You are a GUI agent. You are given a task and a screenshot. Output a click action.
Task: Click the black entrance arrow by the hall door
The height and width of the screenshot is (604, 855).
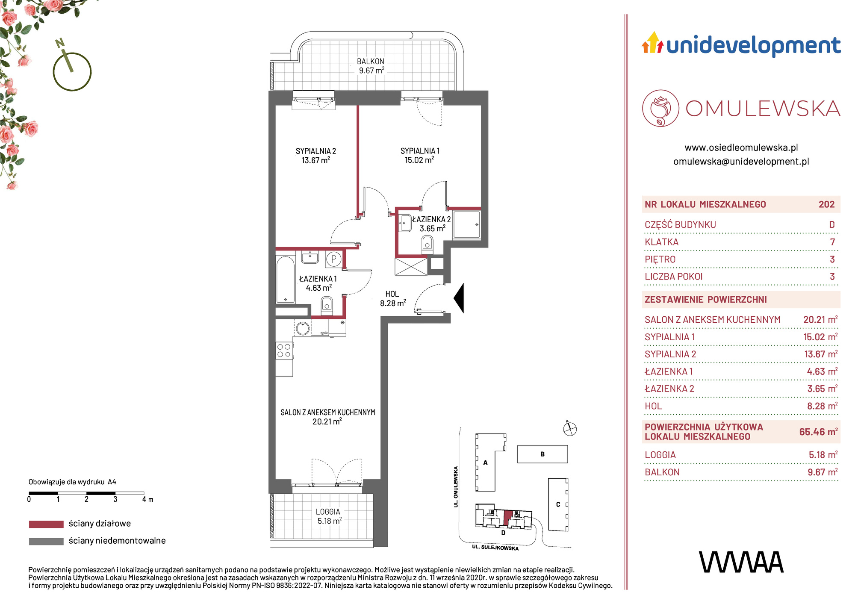pyautogui.click(x=459, y=298)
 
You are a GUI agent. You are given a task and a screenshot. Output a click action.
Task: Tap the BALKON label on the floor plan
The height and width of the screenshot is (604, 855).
pyautogui.click(x=371, y=62)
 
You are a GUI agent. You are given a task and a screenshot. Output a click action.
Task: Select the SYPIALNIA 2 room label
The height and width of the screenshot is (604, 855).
pyautogui.click(x=316, y=151)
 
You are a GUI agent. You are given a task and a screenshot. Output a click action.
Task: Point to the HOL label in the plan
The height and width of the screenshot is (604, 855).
pyautogui.click(x=392, y=294)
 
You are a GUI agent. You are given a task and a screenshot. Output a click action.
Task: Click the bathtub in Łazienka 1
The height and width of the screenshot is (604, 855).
pyautogui.click(x=285, y=280)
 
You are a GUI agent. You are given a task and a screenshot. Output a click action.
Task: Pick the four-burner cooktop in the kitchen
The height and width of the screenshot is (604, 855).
pyautogui.click(x=284, y=351)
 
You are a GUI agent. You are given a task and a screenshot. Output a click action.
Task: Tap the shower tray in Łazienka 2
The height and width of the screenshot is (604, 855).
pyautogui.click(x=467, y=224)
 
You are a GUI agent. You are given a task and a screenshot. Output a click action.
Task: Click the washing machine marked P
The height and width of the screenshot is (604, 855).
pyautogui.click(x=334, y=259)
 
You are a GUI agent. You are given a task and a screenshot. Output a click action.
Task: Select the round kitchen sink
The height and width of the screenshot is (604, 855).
pyautogui.click(x=303, y=328)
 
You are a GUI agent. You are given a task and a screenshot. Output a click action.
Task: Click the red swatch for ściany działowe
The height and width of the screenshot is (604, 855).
pyautogui.click(x=46, y=524)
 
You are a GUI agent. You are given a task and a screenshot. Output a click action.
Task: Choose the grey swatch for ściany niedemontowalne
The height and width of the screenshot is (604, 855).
pyautogui.click(x=46, y=541)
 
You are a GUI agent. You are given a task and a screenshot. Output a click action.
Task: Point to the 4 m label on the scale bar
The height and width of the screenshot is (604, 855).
pyautogui.click(x=148, y=499)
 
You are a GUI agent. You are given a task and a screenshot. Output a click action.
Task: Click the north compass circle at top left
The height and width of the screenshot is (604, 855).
pyautogui.click(x=72, y=72)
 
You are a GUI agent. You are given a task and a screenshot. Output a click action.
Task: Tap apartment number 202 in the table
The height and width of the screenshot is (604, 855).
pyautogui.click(x=826, y=204)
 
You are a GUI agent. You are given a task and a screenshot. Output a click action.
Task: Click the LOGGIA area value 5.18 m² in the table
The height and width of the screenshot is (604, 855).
pyautogui.click(x=823, y=455)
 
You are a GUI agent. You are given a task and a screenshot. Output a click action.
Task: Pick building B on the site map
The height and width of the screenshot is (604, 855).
pyautogui.click(x=542, y=454)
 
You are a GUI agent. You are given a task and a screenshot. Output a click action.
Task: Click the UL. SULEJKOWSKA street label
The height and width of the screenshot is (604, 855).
pyautogui.click(x=495, y=548)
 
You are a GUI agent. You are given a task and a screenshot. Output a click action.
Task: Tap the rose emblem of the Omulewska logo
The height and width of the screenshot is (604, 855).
pyautogui.click(x=660, y=108)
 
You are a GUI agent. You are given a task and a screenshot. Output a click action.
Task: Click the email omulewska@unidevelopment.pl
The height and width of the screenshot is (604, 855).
pyautogui.click(x=741, y=162)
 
